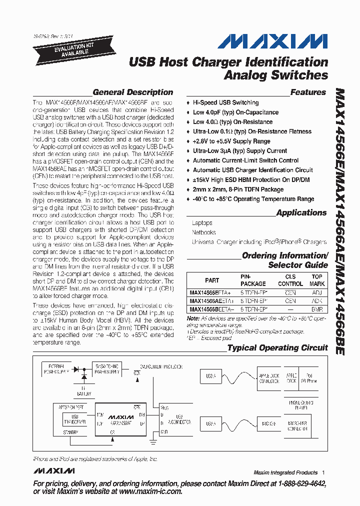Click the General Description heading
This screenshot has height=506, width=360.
[132, 92]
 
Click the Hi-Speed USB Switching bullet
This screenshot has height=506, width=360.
[225, 102]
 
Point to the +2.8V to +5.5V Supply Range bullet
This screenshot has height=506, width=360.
[231, 141]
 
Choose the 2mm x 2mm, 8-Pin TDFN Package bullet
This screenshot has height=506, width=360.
[238, 189]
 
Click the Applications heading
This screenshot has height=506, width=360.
[301, 213]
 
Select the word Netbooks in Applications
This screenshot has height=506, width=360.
[203, 232]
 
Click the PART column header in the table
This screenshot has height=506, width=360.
[212, 280]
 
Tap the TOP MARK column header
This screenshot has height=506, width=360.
[317, 280]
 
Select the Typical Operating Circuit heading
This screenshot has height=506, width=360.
[277, 348]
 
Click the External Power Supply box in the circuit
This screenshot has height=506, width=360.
[56, 368]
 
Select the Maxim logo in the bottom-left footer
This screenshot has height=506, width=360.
[54, 471]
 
